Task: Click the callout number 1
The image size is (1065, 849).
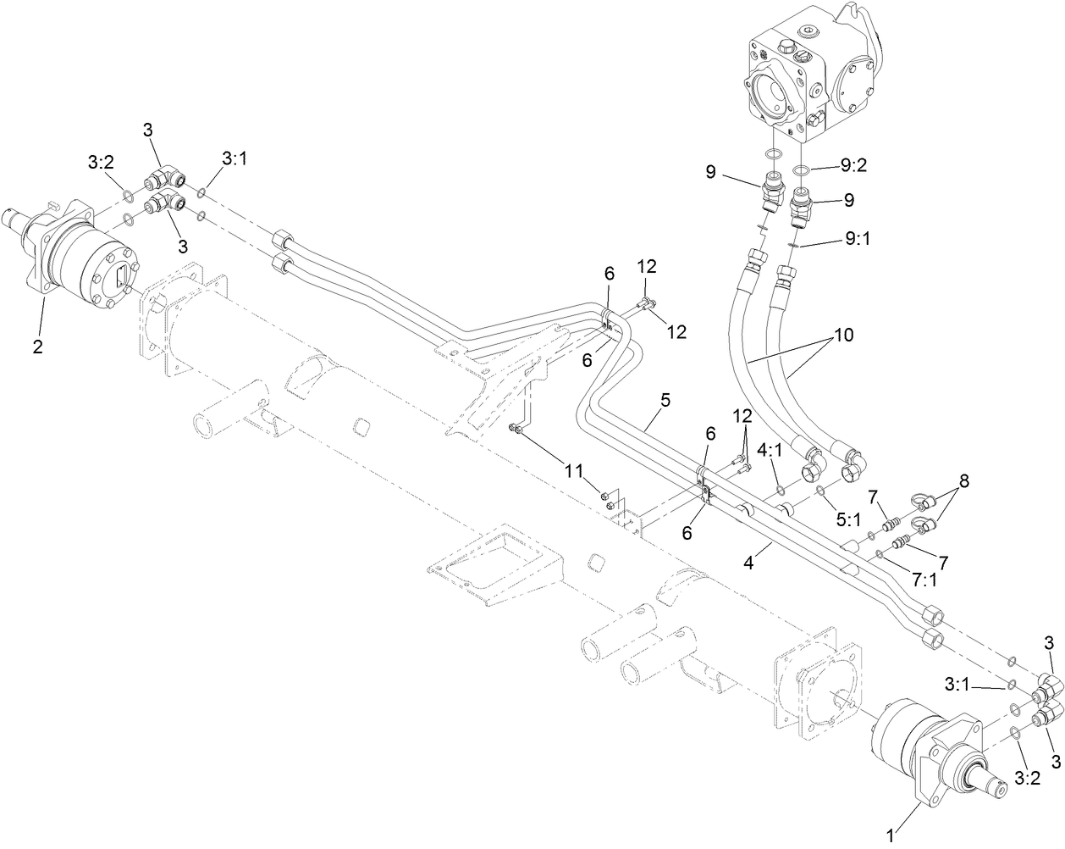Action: click(x=889, y=836)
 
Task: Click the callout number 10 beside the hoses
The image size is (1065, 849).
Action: click(x=844, y=336)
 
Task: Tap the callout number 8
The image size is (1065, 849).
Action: click(x=963, y=480)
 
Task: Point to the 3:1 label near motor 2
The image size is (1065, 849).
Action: click(x=235, y=158)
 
